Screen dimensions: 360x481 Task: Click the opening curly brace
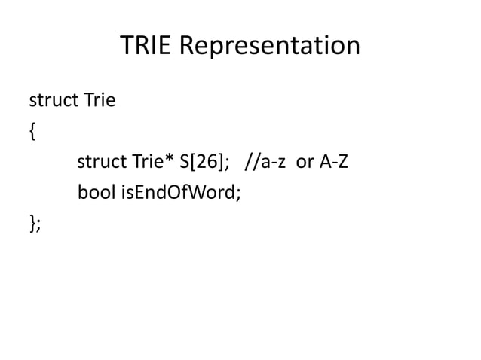[31, 132]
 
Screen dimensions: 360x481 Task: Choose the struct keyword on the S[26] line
[98, 162]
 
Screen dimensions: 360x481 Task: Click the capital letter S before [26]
[182, 162]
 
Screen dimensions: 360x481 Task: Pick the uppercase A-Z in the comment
[334, 162]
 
